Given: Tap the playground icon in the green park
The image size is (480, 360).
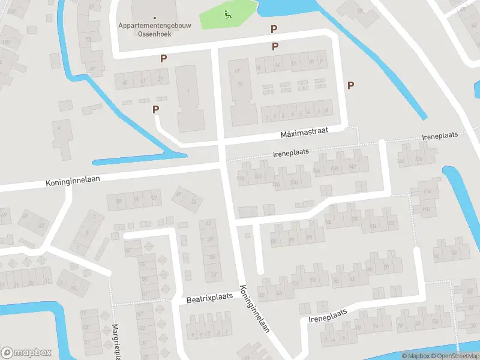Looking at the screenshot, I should click(x=227, y=15).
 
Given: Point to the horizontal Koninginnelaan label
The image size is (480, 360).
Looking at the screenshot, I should click(x=73, y=179).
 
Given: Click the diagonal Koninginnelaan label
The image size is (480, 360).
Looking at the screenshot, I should click(x=253, y=307).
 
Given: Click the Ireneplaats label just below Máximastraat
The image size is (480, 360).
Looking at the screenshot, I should click(x=291, y=153).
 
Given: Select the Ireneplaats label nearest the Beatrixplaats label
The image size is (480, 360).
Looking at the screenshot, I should click(x=328, y=316).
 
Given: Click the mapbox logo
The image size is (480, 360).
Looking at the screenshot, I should click(x=26, y=352).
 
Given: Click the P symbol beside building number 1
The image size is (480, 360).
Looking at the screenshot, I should click(x=156, y=109).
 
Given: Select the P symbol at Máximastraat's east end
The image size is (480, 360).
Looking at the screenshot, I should click(x=350, y=85).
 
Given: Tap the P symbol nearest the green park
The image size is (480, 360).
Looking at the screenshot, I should click(x=274, y=29).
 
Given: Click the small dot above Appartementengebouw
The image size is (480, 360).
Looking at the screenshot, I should click(x=155, y=17).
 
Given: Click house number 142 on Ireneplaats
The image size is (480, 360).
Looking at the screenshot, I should click(x=353, y=167).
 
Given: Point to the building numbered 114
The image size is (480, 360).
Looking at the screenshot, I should click(x=427, y=191).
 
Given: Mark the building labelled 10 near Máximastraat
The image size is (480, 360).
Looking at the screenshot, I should click(x=241, y=84).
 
